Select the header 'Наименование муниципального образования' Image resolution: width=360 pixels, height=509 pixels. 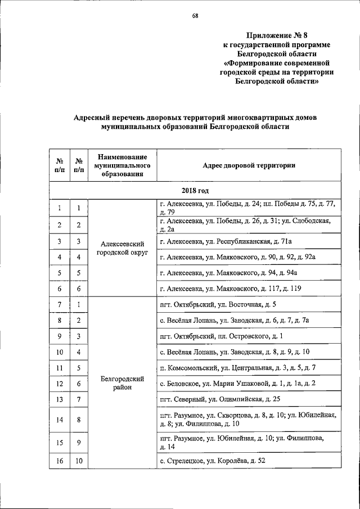(123, 165)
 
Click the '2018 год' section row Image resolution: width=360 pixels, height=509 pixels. (196, 191)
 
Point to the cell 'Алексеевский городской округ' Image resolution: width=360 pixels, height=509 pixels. (123, 249)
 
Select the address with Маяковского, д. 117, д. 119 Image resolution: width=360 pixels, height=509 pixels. (231, 289)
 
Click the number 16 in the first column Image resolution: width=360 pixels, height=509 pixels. (59, 461)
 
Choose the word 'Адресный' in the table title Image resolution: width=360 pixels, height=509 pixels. (94, 118)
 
